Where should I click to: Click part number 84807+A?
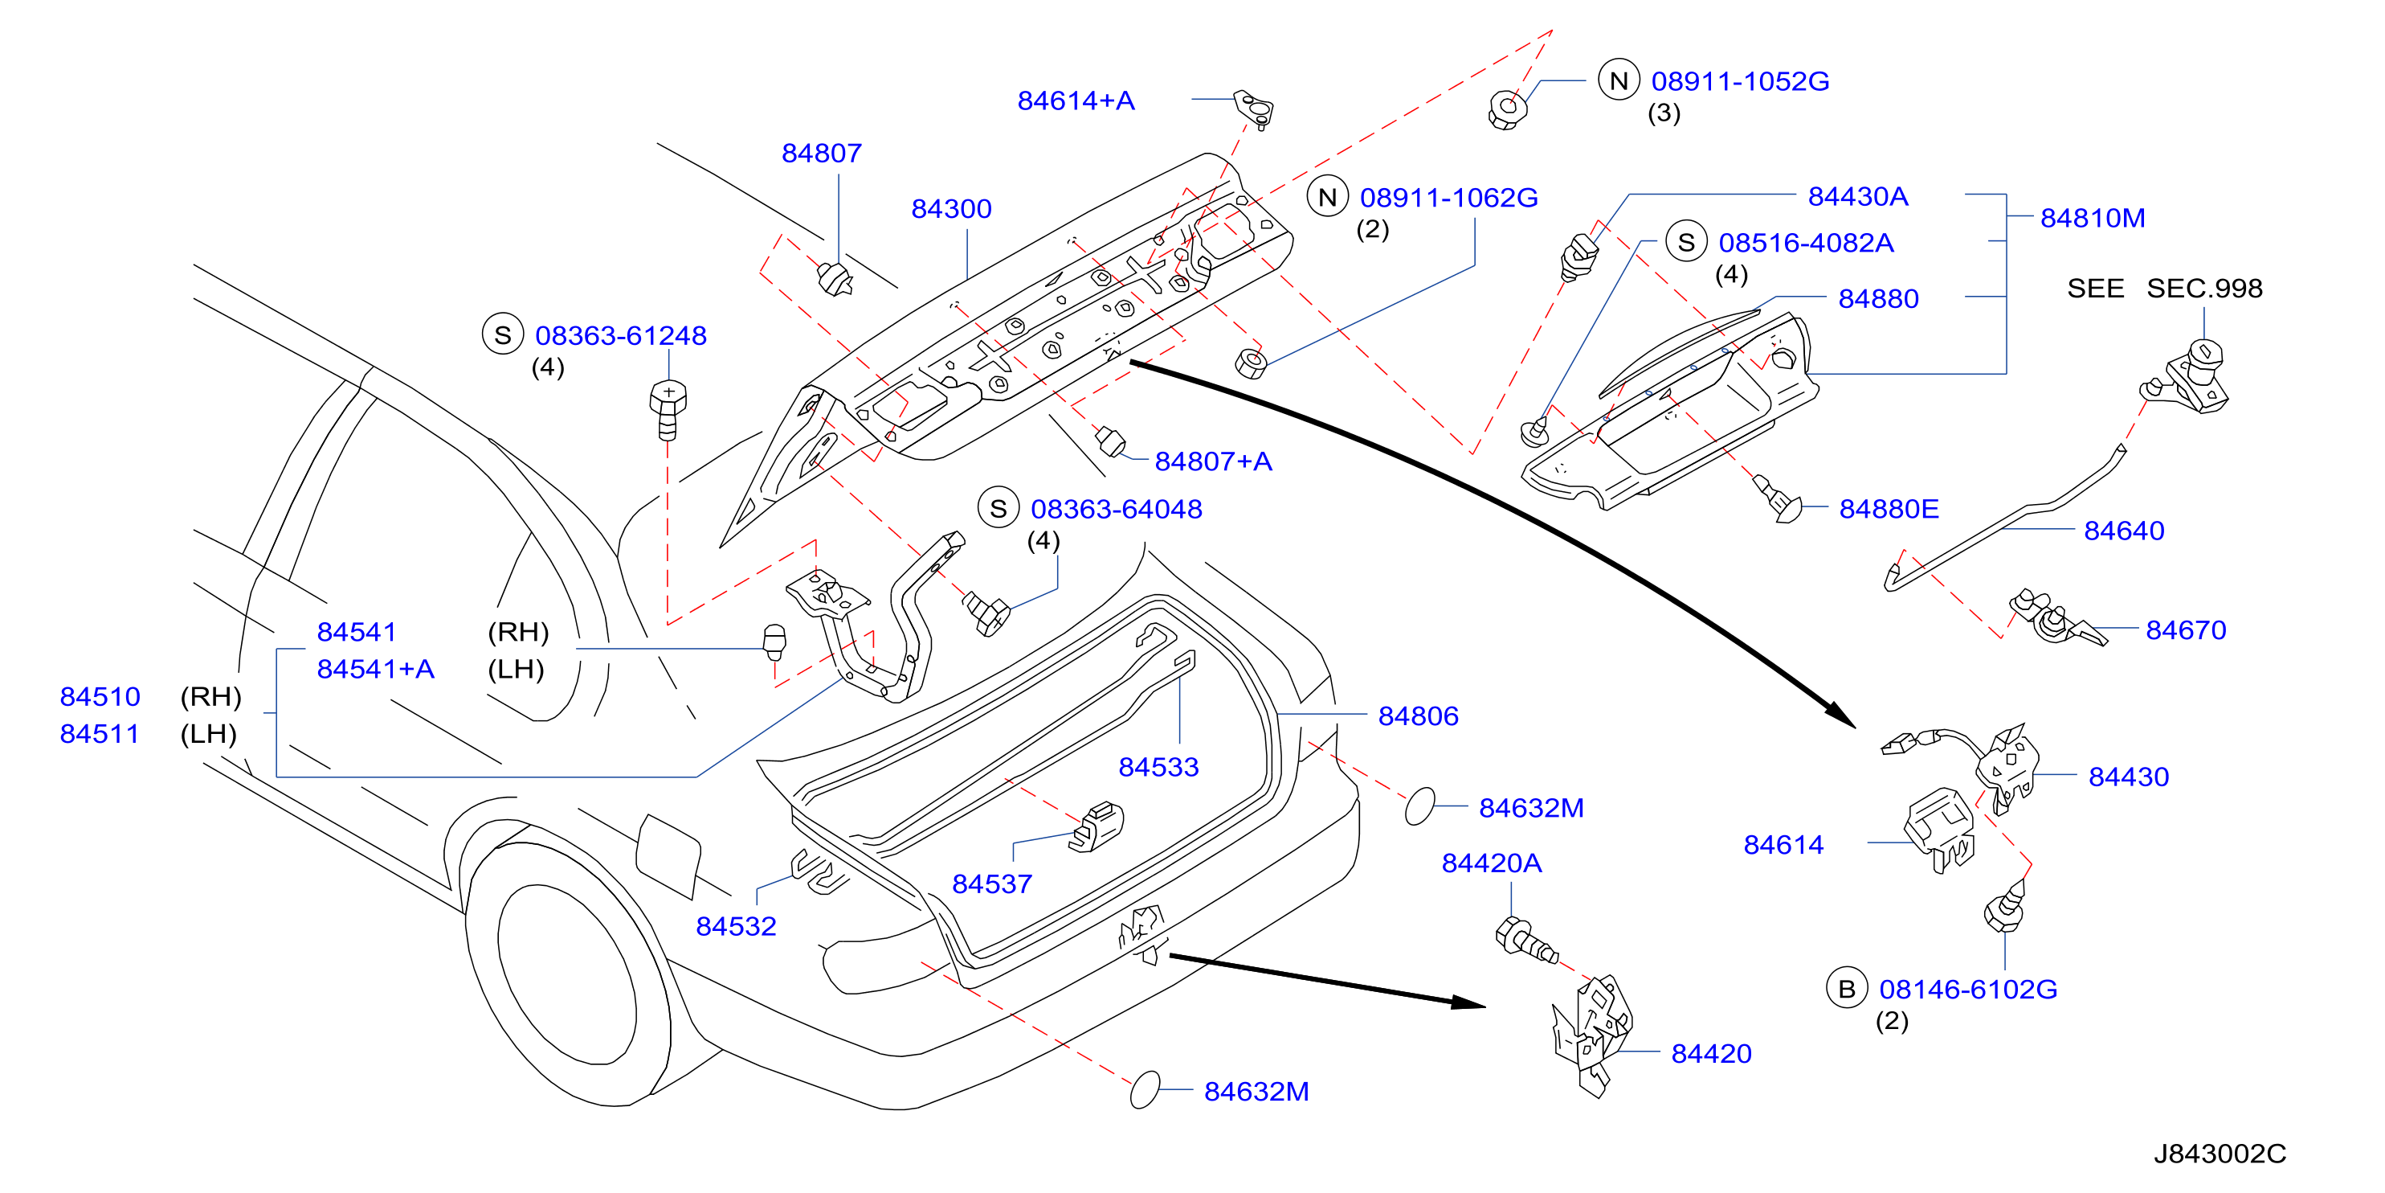pyautogui.click(x=1213, y=461)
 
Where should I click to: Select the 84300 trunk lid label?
pyautogui.click(x=951, y=208)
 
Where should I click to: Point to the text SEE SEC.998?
pyautogui.click(x=2165, y=288)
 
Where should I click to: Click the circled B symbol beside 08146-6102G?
pyautogui.click(x=1846, y=988)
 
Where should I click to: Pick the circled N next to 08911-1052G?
pyautogui.click(x=1619, y=80)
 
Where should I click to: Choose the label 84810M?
pyautogui.click(x=2093, y=218)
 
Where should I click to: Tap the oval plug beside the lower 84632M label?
pyautogui.click(x=1146, y=1090)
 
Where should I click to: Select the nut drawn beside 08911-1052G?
pyautogui.click(x=1507, y=110)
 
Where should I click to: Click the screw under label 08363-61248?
pyautogui.click(x=668, y=408)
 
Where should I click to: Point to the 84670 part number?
pyautogui.click(x=2185, y=629)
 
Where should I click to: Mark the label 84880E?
pyautogui.click(x=1889, y=509)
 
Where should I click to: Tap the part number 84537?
pyautogui.click(x=991, y=883)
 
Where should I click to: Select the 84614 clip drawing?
pyautogui.click(x=1940, y=829)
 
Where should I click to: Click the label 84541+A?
pyautogui.click(x=375, y=669)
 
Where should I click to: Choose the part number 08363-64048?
pyautogui.click(x=1116, y=509)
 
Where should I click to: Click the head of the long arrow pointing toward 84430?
pyautogui.click(x=1840, y=715)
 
